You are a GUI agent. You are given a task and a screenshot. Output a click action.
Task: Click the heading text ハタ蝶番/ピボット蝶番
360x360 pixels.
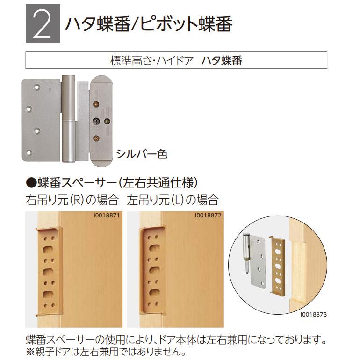pos(148,25)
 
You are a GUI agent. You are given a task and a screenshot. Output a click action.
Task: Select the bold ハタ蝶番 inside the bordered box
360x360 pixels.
pos(222,61)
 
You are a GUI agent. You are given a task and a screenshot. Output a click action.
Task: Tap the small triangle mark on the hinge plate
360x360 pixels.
pos(49,87)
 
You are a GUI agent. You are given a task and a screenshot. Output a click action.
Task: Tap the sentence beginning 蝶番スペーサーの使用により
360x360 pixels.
pos(176,338)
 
